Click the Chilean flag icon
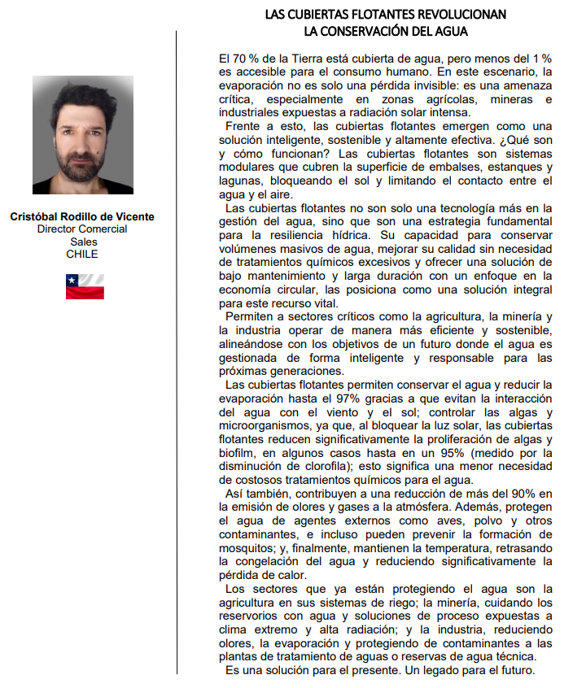point(85,286)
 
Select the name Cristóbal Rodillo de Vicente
point(82,217)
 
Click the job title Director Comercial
point(82,229)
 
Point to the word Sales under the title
point(82,242)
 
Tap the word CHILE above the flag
point(82,254)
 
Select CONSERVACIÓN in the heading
point(374,31)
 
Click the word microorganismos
point(269,424)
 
